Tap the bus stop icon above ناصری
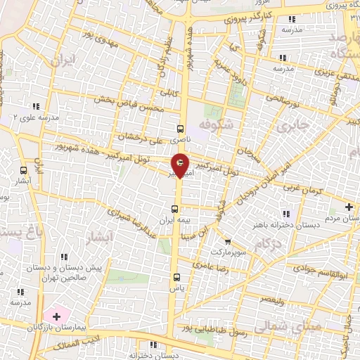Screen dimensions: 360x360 click(180, 129)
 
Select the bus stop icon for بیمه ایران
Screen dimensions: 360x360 click(176, 209)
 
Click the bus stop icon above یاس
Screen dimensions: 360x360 click(176, 276)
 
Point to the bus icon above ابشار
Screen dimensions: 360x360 click(25, 170)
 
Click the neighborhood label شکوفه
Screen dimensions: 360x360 click(215, 124)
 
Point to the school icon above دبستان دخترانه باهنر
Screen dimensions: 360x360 click(285, 214)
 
